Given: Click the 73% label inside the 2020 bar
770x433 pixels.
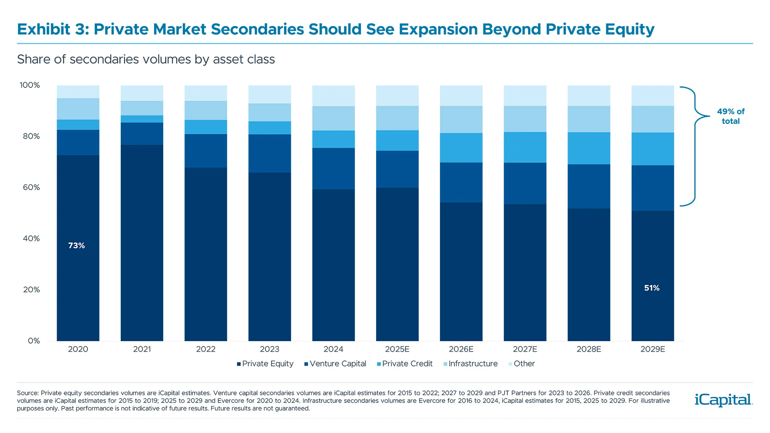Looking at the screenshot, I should (76, 245).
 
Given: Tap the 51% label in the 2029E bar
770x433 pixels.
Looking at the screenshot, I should (652, 288).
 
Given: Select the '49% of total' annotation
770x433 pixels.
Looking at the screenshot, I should (730, 116).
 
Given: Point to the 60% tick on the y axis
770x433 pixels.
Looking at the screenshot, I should (31, 187).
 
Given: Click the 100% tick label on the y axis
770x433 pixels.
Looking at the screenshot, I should (30, 85).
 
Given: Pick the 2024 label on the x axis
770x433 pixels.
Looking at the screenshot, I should (333, 349).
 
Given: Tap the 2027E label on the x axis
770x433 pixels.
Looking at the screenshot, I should (525, 349).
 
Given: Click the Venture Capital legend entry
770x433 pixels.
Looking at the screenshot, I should (335, 364).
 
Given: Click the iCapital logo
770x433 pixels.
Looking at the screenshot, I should (723, 400).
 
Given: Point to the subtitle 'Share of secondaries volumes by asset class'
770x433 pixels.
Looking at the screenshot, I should (146, 59).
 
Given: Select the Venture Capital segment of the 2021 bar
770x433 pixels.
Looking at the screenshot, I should (142, 134).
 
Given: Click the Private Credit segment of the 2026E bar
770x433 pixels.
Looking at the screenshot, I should (461, 148).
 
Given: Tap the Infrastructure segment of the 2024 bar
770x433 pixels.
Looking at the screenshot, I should (333, 118).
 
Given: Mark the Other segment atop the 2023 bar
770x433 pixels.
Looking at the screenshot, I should (269, 94).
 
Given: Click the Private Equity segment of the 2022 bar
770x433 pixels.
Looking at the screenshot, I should (206, 254).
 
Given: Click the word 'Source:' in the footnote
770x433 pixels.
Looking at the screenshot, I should (28, 393).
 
